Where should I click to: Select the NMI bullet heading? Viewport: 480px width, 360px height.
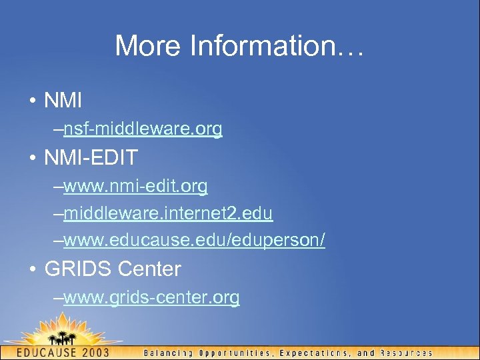pyautogui.click(x=63, y=101)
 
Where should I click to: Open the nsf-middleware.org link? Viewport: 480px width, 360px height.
pyautogui.click(x=143, y=129)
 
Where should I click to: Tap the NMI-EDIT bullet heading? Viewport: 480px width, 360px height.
pyautogui.click(x=91, y=158)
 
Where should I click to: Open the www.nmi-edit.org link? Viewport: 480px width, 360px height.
pyautogui.click(x=135, y=186)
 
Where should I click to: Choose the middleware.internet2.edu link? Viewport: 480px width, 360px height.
pyautogui.click(x=168, y=213)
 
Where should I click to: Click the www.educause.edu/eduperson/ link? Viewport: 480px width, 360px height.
pyautogui.click(x=194, y=241)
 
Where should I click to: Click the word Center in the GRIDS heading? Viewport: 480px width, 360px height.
pyautogui.click(x=149, y=269)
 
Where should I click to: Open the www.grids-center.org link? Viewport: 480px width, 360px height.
pyautogui.click(x=151, y=297)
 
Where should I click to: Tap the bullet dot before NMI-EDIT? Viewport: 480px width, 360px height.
pyautogui.click(x=32, y=159)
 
